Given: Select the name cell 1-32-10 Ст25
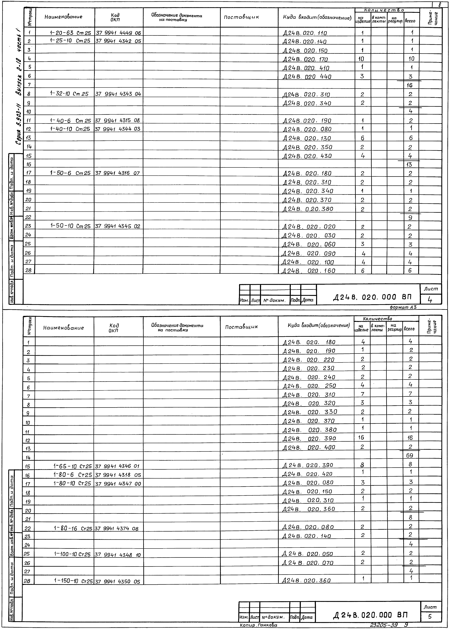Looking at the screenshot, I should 69,94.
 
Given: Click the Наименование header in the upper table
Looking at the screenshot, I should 63,17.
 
